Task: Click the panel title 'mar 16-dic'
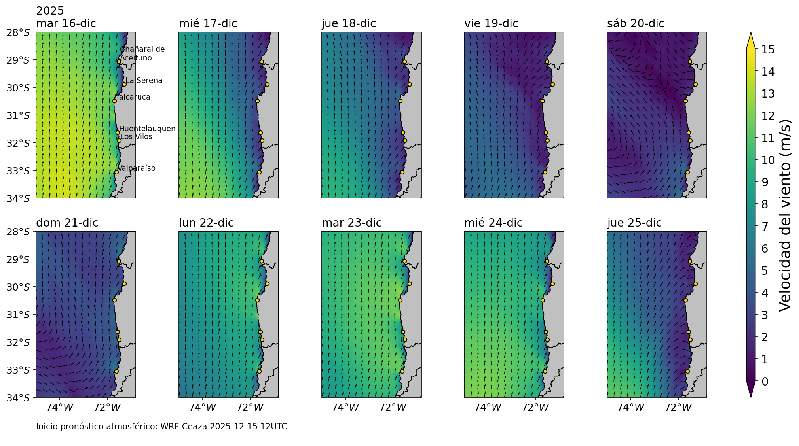[66, 24]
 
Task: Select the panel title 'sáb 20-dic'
[636, 24]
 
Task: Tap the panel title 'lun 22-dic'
[206, 223]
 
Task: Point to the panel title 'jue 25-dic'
[634, 223]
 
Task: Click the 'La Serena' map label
[144, 81]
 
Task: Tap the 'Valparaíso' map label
[137, 168]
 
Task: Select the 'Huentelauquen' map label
[147, 129]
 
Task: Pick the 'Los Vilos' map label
[137, 137]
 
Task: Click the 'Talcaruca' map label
[134, 97]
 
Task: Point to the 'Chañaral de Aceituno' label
[142, 54]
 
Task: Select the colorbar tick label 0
[765, 382]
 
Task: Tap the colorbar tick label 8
[765, 204]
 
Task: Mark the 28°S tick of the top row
[18, 32]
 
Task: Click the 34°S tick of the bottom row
[18, 398]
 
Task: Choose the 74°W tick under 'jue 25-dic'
[631, 407]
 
